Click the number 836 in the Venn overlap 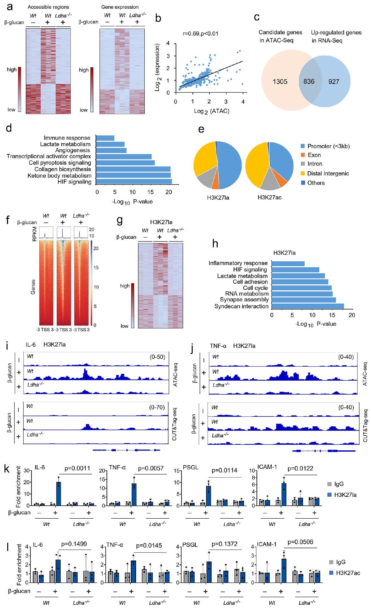tap(309, 82)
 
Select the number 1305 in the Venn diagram tap(280, 82)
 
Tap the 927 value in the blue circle tap(334, 82)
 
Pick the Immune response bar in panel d tap(105, 138)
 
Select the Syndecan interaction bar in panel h tap(308, 306)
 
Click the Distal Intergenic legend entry tap(328, 173)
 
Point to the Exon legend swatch tap(303, 155)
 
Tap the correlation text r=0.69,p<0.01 tap(201, 34)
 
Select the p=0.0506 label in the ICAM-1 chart tap(300, 542)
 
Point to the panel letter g tap(120, 220)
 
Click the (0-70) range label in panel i tap(157, 407)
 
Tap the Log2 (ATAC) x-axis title tap(212, 111)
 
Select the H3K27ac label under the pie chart tap(269, 197)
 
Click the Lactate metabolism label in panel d tap(65, 144)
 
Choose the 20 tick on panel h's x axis tap(352, 315)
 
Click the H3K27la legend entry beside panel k tap(345, 495)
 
